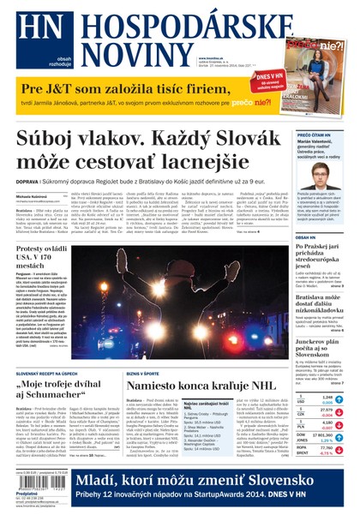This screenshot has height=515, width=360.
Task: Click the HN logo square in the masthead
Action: coord(35,29)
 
